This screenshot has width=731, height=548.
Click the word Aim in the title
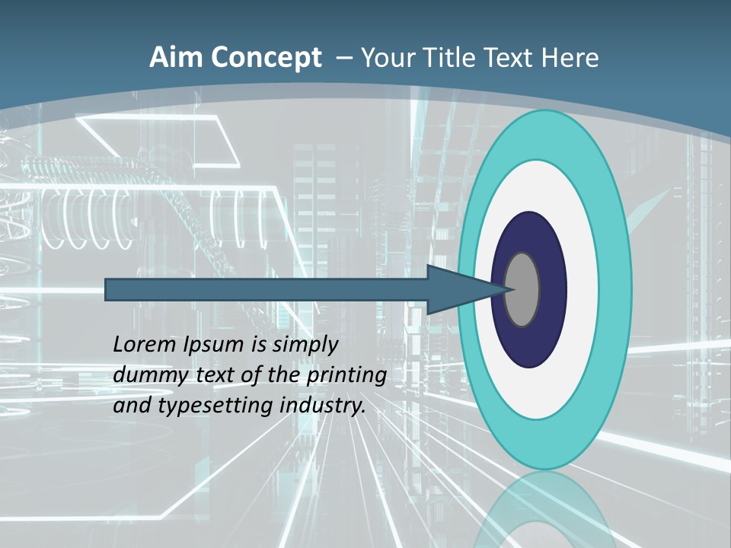point(176,58)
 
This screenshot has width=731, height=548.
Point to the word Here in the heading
point(570,58)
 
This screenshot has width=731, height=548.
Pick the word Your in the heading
point(388,58)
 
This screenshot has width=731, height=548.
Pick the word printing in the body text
point(346,376)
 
